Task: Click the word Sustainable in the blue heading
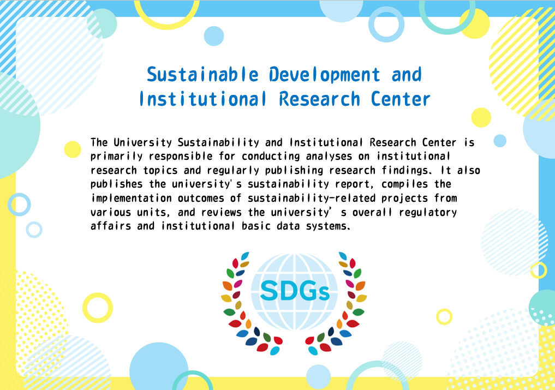tap(202, 75)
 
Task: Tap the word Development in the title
tap(324, 75)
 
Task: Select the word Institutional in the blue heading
tap(202, 99)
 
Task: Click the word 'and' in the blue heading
tap(407, 75)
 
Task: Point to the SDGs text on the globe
tap(295, 291)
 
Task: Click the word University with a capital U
tap(142, 142)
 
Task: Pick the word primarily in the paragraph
tap(116, 157)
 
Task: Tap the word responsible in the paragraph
tap(181, 157)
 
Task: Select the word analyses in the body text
tap(329, 157)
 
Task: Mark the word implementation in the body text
tap(131, 198)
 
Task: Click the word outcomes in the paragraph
tap(201, 198)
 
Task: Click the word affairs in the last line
tap(111, 226)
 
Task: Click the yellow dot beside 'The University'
tap(73, 149)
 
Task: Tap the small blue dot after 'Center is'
tap(500, 141)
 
